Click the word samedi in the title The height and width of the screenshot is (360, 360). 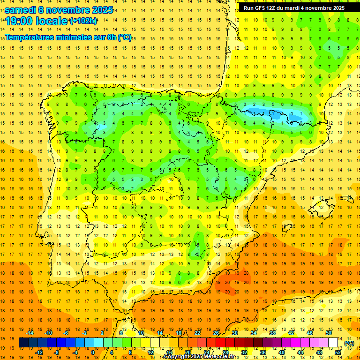(x=21, y=9)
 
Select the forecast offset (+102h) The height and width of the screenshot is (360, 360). (x=83, y=21)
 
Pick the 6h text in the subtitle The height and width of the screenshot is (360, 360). (x=111, y=37)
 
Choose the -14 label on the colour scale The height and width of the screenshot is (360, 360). (x=30, y=333)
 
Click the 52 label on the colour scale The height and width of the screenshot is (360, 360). (x=338, y=352)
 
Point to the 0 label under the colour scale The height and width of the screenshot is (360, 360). (x=93, y=352)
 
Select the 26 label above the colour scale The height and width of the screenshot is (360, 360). (x=216, y=333)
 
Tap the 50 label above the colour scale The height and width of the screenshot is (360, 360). (x=328, y=333)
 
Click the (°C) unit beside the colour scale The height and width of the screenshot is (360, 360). (x=349, y=343)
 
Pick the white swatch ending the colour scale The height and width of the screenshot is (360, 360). (x=333, y=343)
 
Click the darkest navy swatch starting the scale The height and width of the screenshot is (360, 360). (x=23, y=343)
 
